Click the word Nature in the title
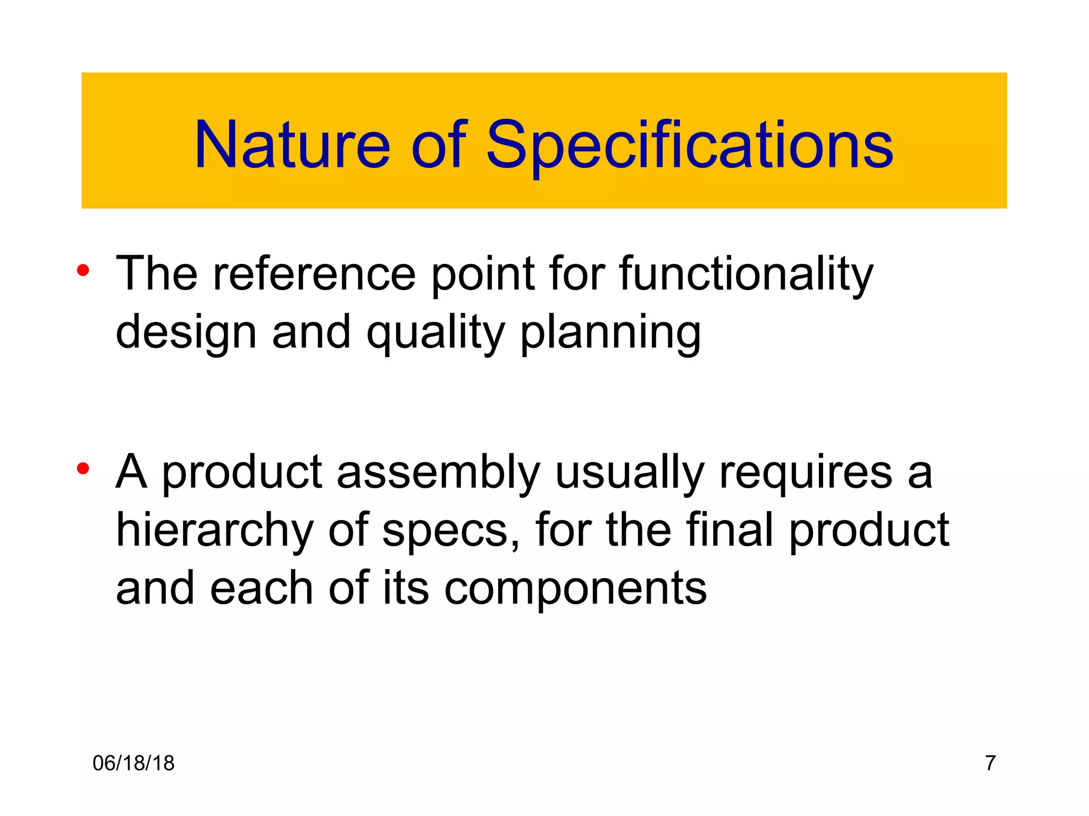(x=292, y=144)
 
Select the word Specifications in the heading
(x=690, y=144)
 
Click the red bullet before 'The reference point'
(x=82, y=270)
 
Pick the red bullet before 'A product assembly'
(x=82, y=469)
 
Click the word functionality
(x=746, y=275)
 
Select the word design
(x=186, y=334)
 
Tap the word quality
(x=435, y=334)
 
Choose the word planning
(x=610, y=334)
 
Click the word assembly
(x=438, y=473)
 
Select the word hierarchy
(x=215, y=531)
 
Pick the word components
(x=575, y=589)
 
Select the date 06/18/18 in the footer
(x=133, y=763)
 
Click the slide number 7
(x=990, y=763)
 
